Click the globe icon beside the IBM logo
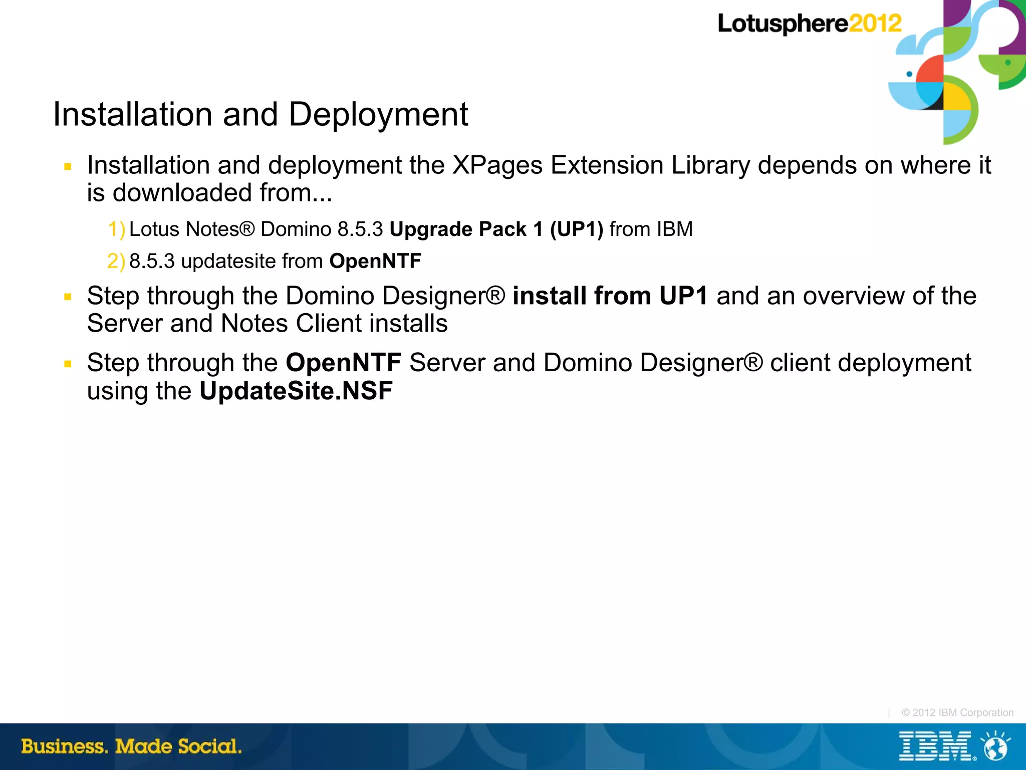(x=995, y=746)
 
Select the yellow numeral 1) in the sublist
(x=116, y=229)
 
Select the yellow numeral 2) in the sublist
(x=116, y=262)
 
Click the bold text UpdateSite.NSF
(x=296, y=391)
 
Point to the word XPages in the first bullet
(x=497, y=165)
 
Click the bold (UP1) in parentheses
(x=576, y=229)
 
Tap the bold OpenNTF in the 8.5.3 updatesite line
(x=375, y=262)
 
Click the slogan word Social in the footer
(x=209, y=746)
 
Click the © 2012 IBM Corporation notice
(x=957, y=712)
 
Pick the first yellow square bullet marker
(x=68, y=166)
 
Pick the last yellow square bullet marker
(x=68, y=364)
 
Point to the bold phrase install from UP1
(x=610, y=296)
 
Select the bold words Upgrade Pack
(x=458, y=229)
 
